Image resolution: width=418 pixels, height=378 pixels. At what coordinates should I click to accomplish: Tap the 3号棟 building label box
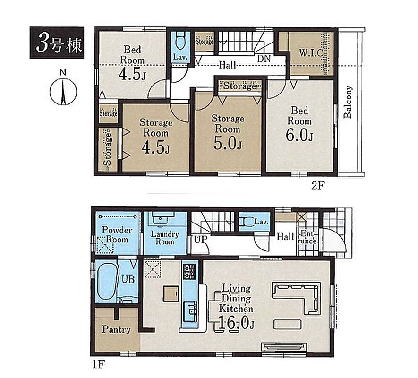pos(57,43)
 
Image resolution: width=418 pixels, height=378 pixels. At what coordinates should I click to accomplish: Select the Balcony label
pos(348,102)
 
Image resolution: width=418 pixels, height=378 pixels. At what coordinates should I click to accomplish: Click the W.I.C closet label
pos(311,52)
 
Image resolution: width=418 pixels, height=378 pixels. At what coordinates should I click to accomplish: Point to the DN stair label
pos(264,59)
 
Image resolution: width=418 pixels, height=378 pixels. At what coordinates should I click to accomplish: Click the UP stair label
pos(200,239)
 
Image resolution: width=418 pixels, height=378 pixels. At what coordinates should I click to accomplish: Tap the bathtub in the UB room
pos(107,281)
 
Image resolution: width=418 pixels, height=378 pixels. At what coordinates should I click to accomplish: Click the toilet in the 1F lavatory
pos(247,222)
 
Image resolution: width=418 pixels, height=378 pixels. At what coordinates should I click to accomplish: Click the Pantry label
pos(116,330)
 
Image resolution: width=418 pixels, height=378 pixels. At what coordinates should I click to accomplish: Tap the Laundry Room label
pos(165,238)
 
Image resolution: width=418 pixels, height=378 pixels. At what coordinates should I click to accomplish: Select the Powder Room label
pos(117,234)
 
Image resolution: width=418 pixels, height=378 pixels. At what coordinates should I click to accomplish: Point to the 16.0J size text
pos(237,323)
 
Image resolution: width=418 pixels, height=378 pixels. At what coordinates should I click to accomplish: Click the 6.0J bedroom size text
pos(299,135)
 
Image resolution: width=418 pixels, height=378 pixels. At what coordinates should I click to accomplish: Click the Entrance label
pos(307,237)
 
